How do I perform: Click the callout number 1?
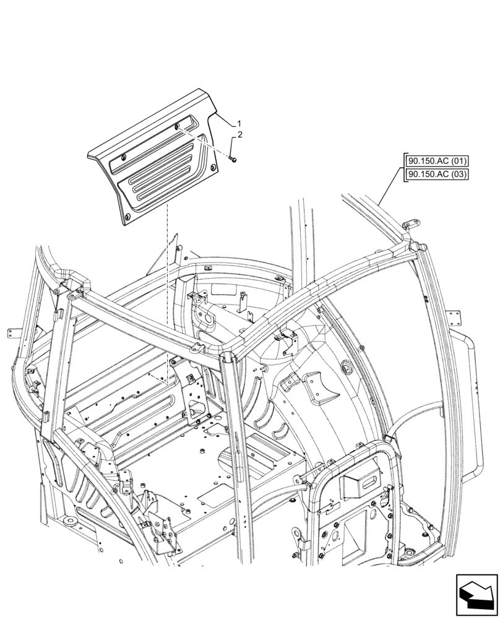click(239, 124)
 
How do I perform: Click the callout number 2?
click(239, 135)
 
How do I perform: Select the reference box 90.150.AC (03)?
click(437, 175)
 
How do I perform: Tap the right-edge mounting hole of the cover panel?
click(214, 168)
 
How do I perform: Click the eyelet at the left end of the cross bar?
click(72, 298)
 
